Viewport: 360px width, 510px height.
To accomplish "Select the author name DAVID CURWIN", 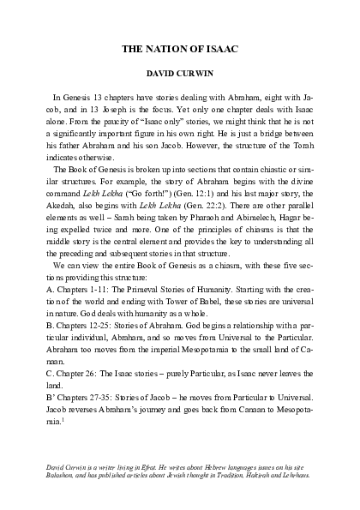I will tap(180, 75).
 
